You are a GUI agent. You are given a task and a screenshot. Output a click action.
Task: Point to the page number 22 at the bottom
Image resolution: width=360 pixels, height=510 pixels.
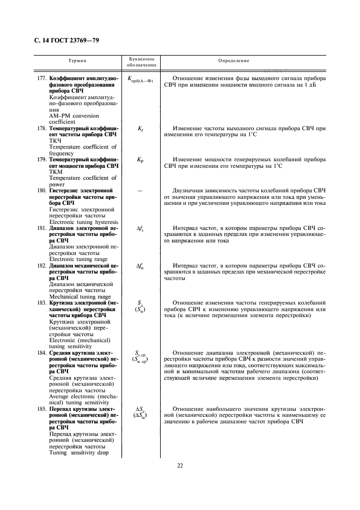180,465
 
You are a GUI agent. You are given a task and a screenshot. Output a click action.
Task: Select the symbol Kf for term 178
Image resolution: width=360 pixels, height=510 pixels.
140,129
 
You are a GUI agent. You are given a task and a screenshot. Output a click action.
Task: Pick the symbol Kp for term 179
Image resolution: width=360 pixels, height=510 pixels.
140,160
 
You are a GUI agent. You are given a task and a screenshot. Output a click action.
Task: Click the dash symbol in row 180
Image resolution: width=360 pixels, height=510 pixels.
140,191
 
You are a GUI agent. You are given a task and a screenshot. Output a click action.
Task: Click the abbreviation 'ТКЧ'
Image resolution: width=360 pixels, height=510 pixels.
56,141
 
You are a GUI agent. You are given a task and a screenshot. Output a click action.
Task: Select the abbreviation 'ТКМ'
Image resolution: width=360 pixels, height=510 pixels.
56,172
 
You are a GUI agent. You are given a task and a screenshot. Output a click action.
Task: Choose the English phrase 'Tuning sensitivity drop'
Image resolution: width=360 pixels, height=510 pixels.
79,452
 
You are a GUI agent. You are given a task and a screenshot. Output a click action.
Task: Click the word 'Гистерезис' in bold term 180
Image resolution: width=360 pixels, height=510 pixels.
67,191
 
